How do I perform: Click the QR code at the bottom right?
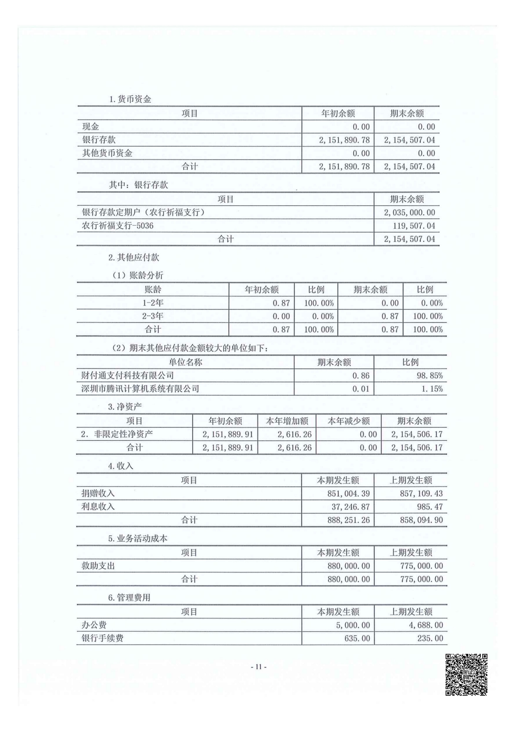point(466,674)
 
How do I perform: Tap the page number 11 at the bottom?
point(258,666)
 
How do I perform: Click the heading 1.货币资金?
point(130,99)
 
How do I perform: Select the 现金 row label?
point(91,127)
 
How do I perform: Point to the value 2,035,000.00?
point(409,212)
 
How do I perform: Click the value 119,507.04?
point(413,226)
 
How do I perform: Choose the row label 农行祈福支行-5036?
point(118,226)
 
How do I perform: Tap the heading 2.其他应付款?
point(134,257)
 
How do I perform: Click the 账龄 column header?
point(152,290)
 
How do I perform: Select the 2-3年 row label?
point(152,316)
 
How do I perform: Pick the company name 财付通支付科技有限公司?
point(128,375)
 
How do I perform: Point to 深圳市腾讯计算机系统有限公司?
point(140,388)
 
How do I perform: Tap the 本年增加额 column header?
point(287,421)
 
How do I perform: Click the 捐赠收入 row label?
point(98,493)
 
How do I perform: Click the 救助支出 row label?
point(98,565)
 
